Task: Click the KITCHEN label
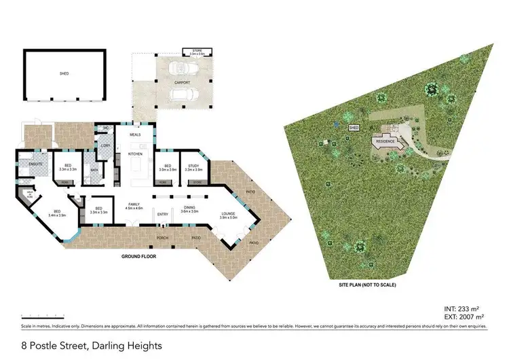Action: point(134,154)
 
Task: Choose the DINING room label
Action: point(189,209)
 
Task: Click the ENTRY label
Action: point(163,215)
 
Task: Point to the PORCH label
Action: point(163,238)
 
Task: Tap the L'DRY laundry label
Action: point(105,145)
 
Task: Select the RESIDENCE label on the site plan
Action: point(385,142)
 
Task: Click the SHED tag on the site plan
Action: point(353,127)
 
